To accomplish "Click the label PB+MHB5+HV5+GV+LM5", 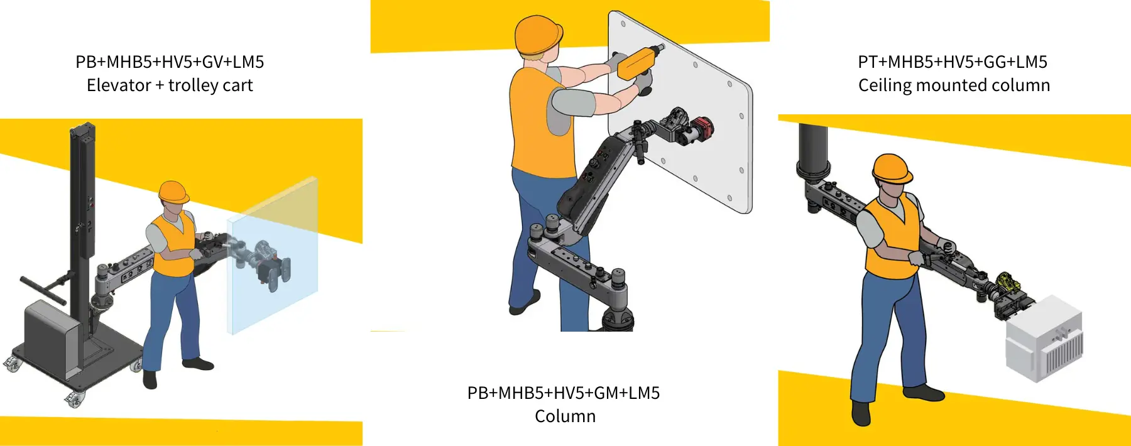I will [x=170, y=62].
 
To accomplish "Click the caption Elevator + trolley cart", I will [x=170, y=85].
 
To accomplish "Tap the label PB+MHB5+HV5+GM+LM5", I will [x=564, y=393].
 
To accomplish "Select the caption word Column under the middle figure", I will [x=565, y=416].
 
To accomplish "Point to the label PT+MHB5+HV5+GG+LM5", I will [x=953, y=62].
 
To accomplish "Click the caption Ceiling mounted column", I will [x=954, y=85].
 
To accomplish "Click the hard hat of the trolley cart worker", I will [x=173, y=191].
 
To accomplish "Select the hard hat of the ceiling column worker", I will [x=892, y=168].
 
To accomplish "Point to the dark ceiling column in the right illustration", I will [x=812, y=151].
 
